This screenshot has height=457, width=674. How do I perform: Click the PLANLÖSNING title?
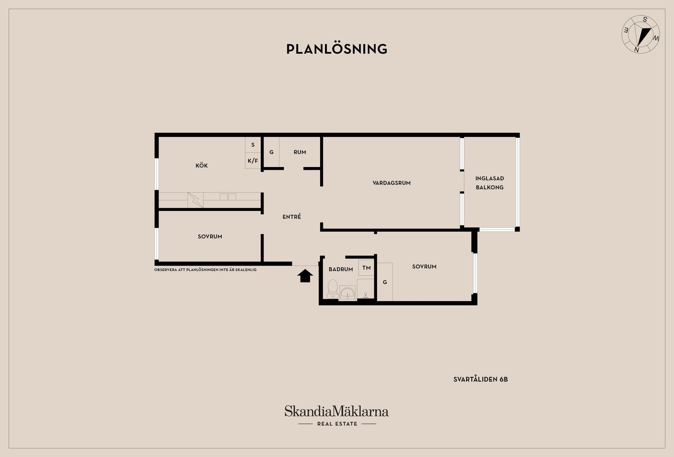337,49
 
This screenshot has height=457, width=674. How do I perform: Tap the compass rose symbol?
641,34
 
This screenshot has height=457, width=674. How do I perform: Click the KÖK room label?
202,166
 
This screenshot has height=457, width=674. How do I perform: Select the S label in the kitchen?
253,145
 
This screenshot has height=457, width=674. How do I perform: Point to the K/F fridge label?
253,161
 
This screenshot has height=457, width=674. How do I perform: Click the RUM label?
300,152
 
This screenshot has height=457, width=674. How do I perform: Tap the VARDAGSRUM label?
391,183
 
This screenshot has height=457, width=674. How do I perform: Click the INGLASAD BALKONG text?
490,183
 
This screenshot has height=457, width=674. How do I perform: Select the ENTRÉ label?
292,217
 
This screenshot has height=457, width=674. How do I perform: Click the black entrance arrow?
305,276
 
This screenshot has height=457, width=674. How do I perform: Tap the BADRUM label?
341,269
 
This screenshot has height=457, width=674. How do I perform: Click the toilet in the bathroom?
332,289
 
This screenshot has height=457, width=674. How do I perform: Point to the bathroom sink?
348,293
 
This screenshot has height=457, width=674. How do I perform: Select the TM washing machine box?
366,268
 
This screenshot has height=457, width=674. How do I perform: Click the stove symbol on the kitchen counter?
196,200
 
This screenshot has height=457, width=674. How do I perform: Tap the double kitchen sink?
228,197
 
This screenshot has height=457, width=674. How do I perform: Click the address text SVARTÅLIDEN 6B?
481,379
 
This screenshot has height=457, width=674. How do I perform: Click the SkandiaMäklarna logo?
337,411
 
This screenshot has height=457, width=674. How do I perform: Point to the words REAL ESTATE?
337,424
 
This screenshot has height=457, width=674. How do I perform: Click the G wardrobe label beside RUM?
271,152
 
